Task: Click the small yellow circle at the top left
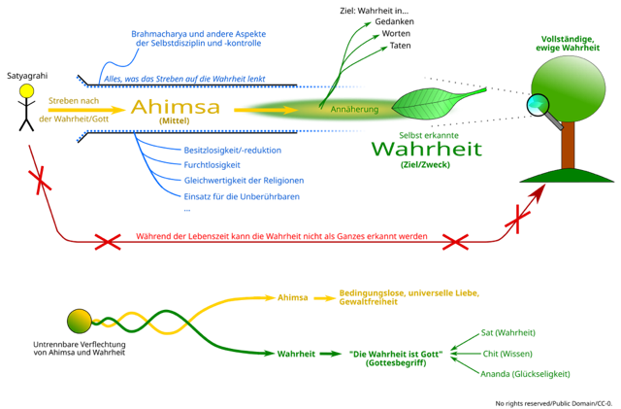26,91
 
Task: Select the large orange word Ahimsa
175,107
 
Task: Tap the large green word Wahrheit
425,151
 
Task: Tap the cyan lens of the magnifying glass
537,104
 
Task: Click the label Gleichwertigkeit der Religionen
244,181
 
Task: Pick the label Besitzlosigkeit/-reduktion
233,150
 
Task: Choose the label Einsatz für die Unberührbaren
242,196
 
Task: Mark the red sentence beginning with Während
280,237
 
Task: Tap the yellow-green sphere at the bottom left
79,321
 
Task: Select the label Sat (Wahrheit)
508,332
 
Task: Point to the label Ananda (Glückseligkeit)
525,373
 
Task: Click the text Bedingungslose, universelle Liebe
409,292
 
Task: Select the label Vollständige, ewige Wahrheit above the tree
569,43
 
